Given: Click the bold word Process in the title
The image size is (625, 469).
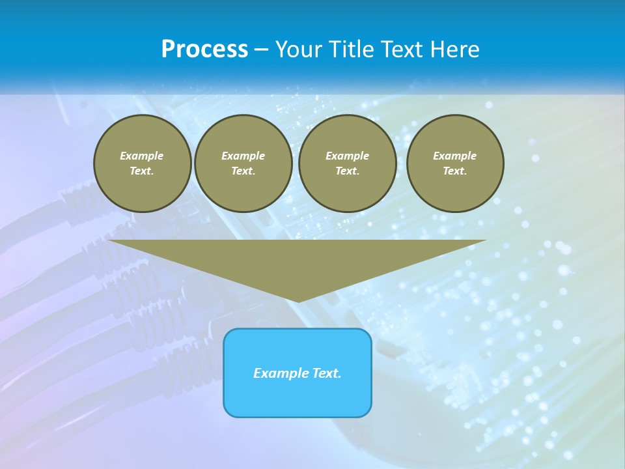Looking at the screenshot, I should (x=204, y=50).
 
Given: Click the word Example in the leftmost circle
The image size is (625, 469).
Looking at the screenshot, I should (x=142, y=156).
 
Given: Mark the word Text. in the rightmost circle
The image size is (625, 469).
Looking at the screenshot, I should (x=454, y=171).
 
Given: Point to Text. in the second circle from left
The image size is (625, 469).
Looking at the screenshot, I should (x=243, y=171).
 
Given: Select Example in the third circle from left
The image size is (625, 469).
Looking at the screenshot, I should (x=347, y=156).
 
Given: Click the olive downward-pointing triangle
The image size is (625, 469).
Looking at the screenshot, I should (x=298, y=261).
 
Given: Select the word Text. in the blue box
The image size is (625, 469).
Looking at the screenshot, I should (x=326, y=373).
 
